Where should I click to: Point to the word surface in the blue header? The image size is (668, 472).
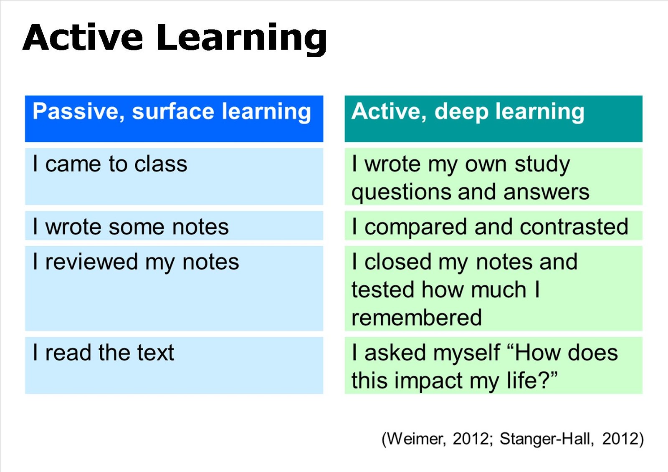(x=173, y=112)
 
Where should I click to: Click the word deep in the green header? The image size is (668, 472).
(x=461, y=112)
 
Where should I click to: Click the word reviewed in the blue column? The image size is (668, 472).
(x=91, y=262)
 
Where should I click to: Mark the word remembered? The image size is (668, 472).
(x=417, y=318)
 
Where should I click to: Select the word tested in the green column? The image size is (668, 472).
(x=383, y=290)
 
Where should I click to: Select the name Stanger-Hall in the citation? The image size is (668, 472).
(x=546, y=439)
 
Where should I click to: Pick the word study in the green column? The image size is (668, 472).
(x=542, y=164)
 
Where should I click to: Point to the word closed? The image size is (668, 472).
(x=398, y=262)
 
